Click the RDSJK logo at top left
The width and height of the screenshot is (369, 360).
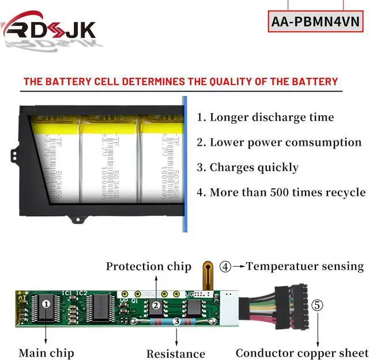(49, 28)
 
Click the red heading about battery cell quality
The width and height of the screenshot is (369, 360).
(180, 81)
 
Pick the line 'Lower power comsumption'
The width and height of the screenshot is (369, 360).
(279, 142)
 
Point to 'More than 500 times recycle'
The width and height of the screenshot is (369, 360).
(281, 192)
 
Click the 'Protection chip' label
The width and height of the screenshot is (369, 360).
(148, 266)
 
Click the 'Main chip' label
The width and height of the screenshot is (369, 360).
(47, 353)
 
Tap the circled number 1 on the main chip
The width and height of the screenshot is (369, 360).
(47, 302)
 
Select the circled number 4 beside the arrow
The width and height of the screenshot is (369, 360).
(225, 267)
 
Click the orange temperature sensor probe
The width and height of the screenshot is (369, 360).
(206, 275)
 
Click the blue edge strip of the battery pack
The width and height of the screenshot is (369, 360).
(186, 164)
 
